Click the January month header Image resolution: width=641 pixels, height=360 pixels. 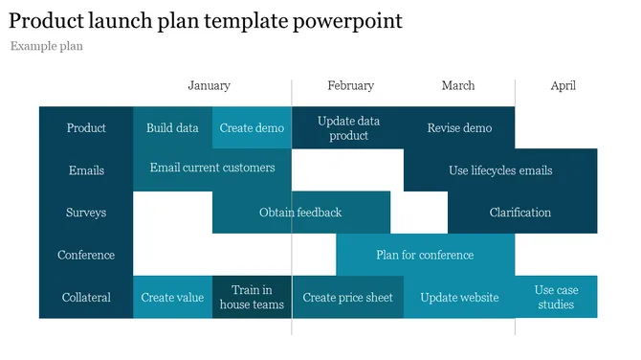pyautogui.click(x=209, y=85)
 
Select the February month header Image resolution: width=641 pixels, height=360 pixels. pyautogui.click(x=350, y=85)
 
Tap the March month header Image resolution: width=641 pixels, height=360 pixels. pyautogui.click(x=457, y=85)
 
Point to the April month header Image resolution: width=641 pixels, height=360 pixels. pyautogui.click(x=563, y=85)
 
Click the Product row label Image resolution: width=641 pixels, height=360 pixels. pyautogui.click(x=86, y=127)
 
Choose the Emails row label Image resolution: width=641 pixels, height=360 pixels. pyautogui.click(x=86, y=170)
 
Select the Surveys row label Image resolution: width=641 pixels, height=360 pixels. pyautogui.click(x=86, y=213)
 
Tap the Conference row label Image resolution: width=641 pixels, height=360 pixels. pyautogui.click(x=86, y=255)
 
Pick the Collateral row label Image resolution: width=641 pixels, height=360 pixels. pyautogui.click(x=86, y=297)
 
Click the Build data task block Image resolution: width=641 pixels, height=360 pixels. pyautogui.click(x=172, y=127)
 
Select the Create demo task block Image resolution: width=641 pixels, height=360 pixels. pyautogui.click(x=252, y=127)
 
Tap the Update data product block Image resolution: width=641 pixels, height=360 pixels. pyautogui.click(x=348, y=128)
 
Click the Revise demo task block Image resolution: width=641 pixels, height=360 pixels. pyautogui.click(x=459, y=127)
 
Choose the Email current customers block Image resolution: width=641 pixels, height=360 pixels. pyautogui.click(x=212, y=168)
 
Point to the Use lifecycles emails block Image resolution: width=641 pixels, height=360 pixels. pyautogui.click(x=500, y=170)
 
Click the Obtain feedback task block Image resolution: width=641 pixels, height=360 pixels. pyautogui.click(x=300, y=213)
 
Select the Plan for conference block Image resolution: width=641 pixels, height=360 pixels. pyautogui.click(x=425, y=255)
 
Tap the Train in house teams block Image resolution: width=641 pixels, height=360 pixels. pyautogui.click(x=252, y=297)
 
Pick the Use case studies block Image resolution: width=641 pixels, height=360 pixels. pyautogui.click(x=556, y=297)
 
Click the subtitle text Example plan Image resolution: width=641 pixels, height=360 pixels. pyautogui.click(x=47, y=46)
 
